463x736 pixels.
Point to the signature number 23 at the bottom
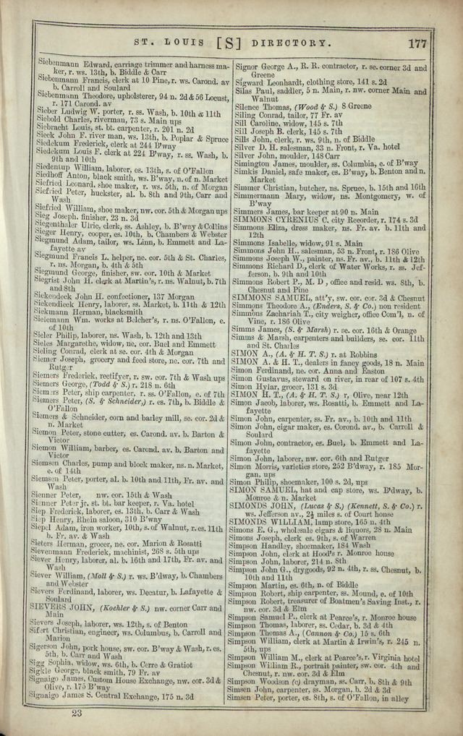click(77, 712)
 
